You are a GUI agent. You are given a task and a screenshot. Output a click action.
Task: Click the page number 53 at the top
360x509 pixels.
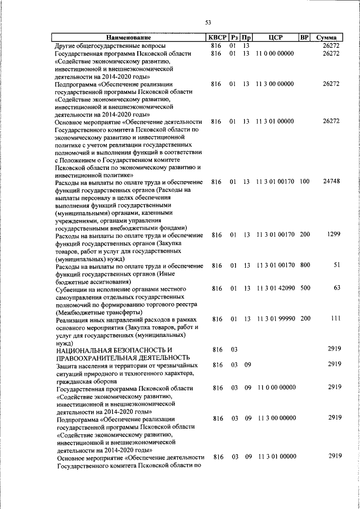tap(208, 22)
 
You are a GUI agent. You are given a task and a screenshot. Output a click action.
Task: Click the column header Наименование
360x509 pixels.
tap(128, 38)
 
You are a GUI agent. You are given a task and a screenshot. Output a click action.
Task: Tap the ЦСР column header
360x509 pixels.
tap(275, 38)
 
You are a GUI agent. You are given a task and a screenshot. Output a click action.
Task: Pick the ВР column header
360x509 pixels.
tap(304, 38)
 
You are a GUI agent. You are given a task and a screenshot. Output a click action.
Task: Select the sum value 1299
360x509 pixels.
tap(333, 234)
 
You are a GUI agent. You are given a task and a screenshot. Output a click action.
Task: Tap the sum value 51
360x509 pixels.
tap(336, 265)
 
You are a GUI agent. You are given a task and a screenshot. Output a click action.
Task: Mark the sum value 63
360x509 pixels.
tap(336, 288)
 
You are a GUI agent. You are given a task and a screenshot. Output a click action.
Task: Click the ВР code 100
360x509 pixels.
tap(304, 182)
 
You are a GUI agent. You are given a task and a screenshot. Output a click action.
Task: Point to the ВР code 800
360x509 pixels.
tap(304, 265)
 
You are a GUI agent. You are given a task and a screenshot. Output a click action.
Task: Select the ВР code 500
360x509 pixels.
tap(304, 289)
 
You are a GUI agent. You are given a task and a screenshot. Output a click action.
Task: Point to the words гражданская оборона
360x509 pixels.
tap(84, 380)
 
